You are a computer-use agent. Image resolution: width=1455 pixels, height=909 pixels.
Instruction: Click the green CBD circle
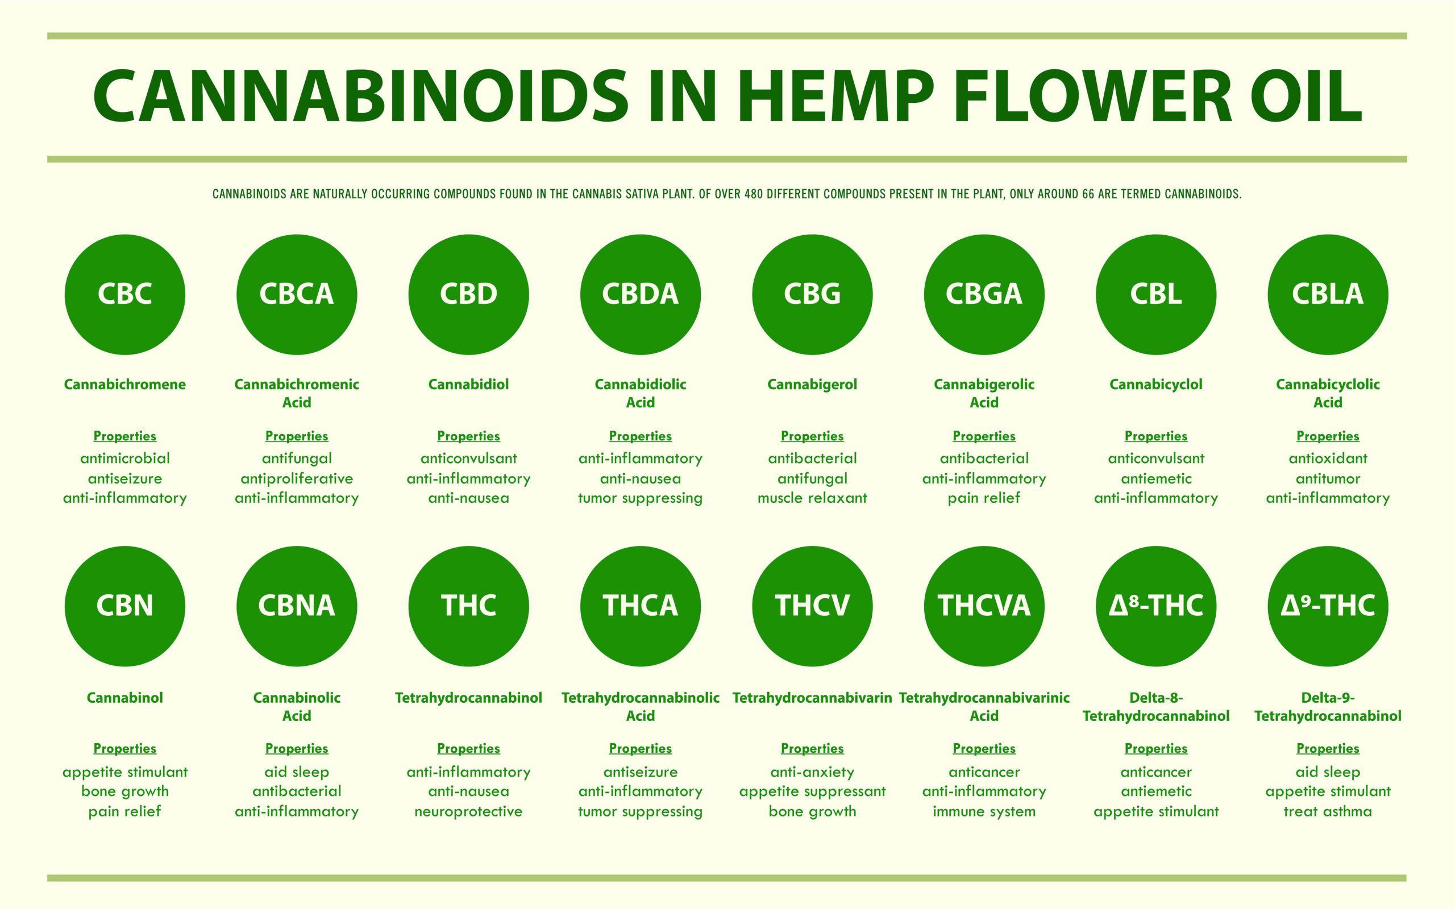tap(468, 295)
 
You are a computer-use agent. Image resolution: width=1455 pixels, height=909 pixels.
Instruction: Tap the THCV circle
tap(812, 606)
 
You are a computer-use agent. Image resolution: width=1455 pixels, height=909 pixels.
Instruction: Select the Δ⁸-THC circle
tap(1156, 606)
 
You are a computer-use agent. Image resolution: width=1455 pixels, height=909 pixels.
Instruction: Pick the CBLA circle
tap(1328, 295)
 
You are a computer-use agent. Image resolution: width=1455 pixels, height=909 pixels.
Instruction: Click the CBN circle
tap(125, 606)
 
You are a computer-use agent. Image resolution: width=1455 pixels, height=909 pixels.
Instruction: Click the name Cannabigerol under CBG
tap(812, 385)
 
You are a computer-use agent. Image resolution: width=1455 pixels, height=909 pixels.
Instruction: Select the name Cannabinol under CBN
tap(125, 698)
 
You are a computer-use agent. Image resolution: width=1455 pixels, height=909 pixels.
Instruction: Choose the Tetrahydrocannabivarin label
tap(812, 698)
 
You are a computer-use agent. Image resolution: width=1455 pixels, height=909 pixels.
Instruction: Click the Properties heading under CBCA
tap(297, 436)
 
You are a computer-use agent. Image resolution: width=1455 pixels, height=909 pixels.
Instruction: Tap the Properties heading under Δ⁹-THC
tap(1328, 749)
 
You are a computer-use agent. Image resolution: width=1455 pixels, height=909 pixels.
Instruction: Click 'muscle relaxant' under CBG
tap(812, 498)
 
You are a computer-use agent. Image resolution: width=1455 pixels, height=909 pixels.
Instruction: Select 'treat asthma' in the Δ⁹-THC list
tap(1328, 812)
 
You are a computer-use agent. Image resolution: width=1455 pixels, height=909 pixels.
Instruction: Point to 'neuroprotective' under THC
tap(468, 812)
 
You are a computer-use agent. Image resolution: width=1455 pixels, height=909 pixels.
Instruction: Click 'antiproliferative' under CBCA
tap(297, 479)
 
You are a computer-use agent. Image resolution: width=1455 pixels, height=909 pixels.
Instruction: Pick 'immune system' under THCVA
tap(984, 812)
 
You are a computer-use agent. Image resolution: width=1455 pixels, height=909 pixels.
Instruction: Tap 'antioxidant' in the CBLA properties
tap(1328, 458)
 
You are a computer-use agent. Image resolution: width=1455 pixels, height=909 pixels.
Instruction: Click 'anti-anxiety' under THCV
tap(812, 773)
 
